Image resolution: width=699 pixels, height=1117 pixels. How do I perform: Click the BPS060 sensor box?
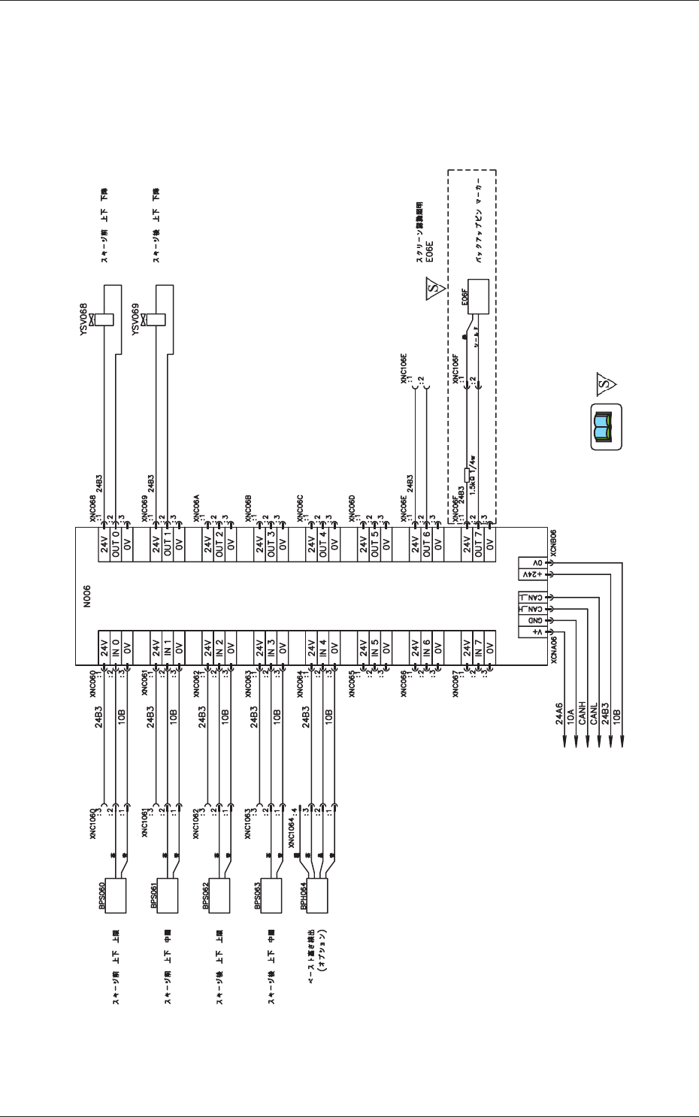click(x=115, y=895)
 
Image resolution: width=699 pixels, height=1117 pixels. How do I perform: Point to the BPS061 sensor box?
click(x=167, y=895)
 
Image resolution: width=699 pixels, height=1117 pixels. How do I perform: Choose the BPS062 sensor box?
click(x=219, y=895)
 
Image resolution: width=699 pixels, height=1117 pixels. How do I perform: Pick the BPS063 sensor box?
click(x=270, y=895)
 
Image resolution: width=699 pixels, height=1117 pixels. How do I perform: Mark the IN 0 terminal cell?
click(x=116, y=646)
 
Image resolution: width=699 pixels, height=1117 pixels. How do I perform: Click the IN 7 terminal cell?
click(x=477, y=646)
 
